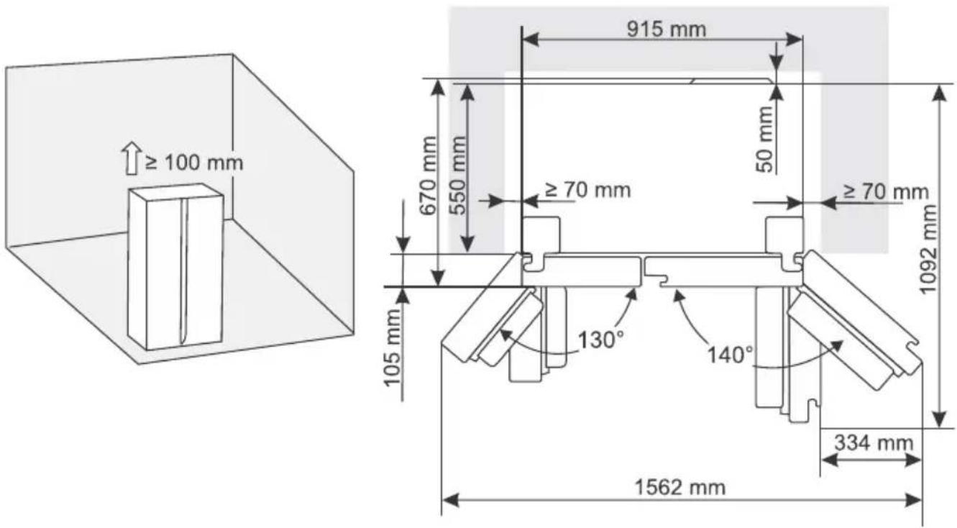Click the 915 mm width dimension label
666,29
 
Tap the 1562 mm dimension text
680,488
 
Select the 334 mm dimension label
874,443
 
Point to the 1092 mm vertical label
928,250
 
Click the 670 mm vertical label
428,176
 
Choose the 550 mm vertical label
457,176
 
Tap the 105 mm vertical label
392,347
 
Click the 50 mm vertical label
766,140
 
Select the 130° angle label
600,340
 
